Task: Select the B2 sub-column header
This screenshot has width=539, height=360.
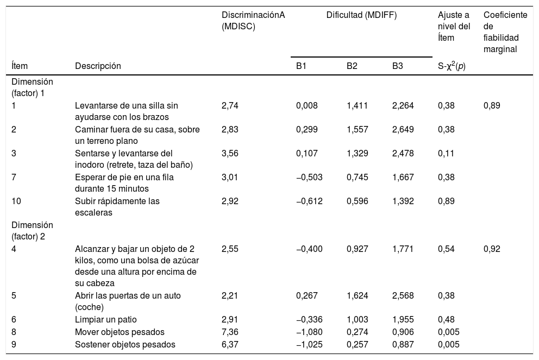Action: pos(352,66)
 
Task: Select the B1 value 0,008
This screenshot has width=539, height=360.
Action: pos(306,105)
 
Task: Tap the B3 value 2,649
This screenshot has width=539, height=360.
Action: pos(403,129)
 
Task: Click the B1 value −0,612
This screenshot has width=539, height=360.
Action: pos(309,201)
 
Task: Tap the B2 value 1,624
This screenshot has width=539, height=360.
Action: pos(357,295)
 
